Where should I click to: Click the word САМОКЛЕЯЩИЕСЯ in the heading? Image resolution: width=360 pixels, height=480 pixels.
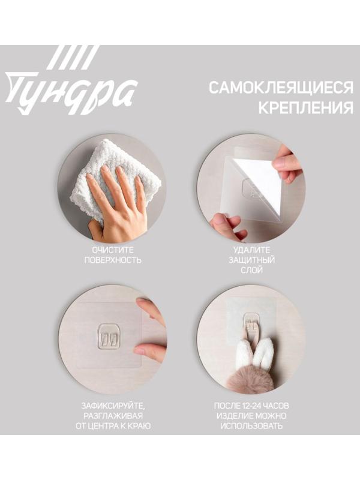point(281,88)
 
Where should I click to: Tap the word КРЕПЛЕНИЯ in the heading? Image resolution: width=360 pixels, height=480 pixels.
point(305,109)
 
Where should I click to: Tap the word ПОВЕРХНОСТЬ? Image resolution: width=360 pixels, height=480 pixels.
point(112,260)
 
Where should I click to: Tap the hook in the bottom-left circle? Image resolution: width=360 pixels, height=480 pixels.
point(109,336)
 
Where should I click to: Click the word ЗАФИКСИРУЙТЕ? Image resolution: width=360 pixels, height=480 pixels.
point(112,404)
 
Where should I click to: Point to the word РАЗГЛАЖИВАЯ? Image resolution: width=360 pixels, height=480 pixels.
point(112,415)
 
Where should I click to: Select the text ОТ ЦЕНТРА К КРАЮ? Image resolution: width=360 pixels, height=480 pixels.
point(112,427)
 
